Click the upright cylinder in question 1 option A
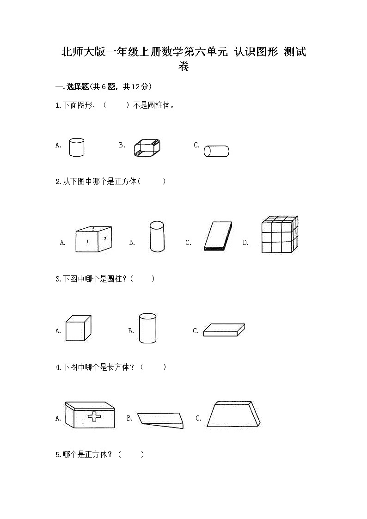point(76,147)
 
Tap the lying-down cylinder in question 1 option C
point(217,151)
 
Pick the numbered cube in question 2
point(94,239)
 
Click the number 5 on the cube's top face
point(93,229)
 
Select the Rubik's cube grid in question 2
point(279,235)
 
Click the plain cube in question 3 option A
point(75,328)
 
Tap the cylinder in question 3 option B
point(147,328)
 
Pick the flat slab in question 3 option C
point(224,330)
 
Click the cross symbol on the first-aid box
point(94,416)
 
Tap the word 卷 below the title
point(183,67)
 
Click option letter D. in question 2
point(246,242)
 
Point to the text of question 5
point(99,454)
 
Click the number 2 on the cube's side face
point(105,238)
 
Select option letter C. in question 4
point(199,418)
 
